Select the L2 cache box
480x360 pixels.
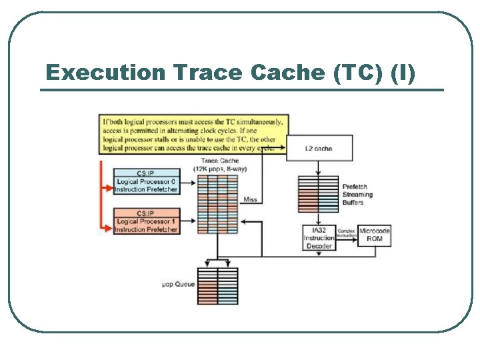(x=318, y=148)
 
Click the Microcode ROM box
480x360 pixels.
(x=374, y=235)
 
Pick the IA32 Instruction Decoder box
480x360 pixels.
(x=319, y=238)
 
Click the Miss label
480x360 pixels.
(x=250, y=199)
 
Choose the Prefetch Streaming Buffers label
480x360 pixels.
(x=357, y=194)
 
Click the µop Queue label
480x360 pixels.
(x=179, y=284)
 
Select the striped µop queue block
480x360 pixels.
(x=217, y=285)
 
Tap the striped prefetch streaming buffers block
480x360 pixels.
(x=319, y=193)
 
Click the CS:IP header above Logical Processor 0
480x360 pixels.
(x=146, y=173)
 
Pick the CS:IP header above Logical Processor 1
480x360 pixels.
(x=146, y=213)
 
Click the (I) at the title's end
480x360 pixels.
(x=404, y=73)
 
